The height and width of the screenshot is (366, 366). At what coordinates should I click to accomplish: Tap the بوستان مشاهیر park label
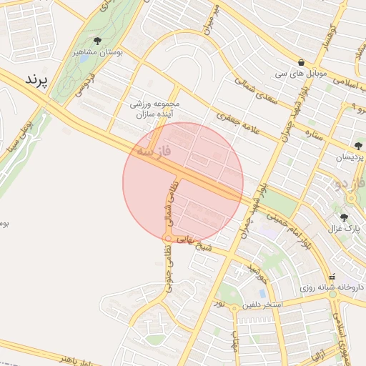coord(97,52)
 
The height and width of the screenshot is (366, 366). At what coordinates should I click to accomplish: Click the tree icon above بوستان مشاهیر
coord(97,41)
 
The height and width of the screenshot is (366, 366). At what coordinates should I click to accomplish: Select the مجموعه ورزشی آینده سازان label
coord(158,109)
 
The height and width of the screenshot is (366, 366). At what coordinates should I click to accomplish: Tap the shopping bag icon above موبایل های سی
coord(302,62)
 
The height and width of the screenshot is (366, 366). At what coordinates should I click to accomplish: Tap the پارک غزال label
coord(342,229)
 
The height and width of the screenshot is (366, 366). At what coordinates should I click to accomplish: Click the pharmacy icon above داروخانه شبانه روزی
coord(331,277)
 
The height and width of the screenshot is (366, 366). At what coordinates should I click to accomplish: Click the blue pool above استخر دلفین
coord(263,292)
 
